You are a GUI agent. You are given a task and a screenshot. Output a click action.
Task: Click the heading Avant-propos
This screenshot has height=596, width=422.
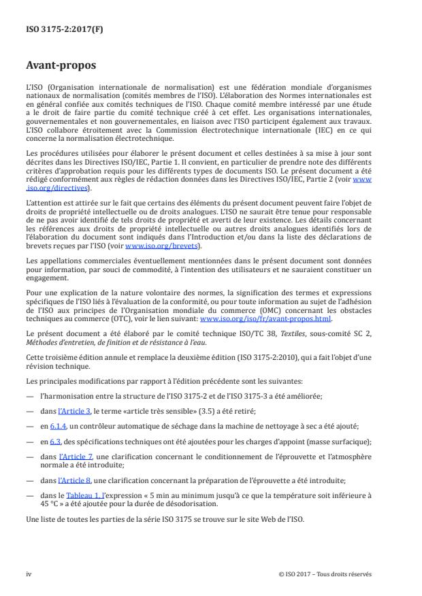[61, 67]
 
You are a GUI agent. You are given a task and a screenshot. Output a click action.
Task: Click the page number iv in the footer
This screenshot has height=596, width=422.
[29, 574]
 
